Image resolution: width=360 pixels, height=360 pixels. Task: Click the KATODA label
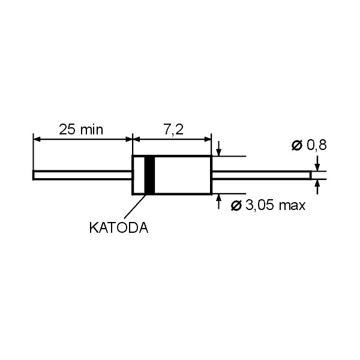(x=119, y=228)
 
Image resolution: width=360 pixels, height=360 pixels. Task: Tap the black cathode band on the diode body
(x=149, y=175)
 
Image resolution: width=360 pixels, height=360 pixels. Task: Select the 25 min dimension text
(x=81, y=130)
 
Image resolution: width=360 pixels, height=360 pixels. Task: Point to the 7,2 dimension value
(x=173, y=130)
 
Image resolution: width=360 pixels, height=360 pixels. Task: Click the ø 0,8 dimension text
(x=309, y=145)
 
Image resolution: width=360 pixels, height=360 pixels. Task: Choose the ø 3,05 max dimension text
(x=268, y=205)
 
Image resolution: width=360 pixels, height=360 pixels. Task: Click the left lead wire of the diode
(x=82, y=175)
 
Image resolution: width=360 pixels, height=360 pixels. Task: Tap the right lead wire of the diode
(x=262, y=175)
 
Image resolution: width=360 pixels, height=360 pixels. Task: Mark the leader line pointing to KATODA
(x=135, y=206)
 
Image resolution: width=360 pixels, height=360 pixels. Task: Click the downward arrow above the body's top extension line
(x=219, y=149)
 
